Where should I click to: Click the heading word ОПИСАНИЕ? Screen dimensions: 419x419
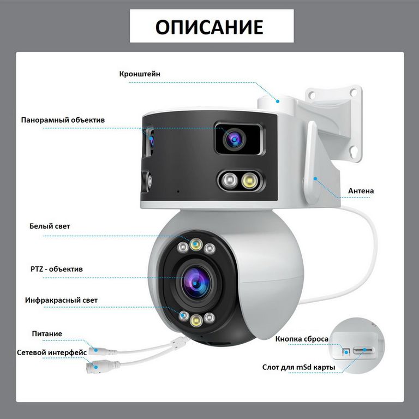click(x=209, y=27)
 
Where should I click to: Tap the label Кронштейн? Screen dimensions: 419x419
click(x=140, y=74)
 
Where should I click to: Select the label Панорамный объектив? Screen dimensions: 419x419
click(x=63, y=120)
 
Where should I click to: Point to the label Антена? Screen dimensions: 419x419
click(x=361, y=191)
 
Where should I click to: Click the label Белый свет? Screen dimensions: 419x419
click(x=50, y=226)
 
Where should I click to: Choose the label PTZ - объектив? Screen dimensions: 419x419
click(x=57, y=269)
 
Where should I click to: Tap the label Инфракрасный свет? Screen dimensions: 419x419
click(x=61, y=300)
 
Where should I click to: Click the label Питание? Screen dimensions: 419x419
click(x=47, y=333)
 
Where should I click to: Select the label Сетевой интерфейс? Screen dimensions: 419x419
click(x=52, y=352)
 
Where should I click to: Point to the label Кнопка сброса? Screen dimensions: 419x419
click(x=302, y=339)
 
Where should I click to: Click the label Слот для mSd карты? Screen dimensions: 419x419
click(x=298, y=367)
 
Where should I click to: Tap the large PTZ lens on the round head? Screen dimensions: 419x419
click(x=195, y=283)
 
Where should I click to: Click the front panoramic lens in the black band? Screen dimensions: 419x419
click(x=235, y=139)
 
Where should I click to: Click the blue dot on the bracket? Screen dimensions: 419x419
click(x=278, y=101)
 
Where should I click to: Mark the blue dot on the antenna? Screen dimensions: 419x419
click(x=315, y=178)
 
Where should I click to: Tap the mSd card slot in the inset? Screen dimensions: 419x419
click(x=363, y=350)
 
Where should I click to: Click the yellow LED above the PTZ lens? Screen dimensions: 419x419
click(x=196, y=244)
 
